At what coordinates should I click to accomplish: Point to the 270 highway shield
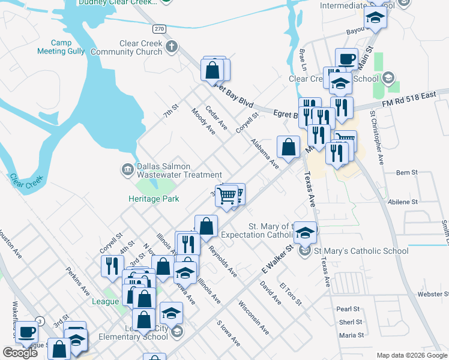point(158,28)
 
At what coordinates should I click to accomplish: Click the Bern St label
point(407,173)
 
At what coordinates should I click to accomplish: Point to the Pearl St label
point(348,309)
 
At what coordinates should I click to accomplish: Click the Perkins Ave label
point(78,281)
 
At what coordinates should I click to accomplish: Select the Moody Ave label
point(203,121)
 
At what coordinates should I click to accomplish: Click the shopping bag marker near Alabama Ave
point(289,146)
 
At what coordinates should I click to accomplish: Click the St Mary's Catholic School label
point(361,251)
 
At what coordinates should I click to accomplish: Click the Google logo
point(20,353)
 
